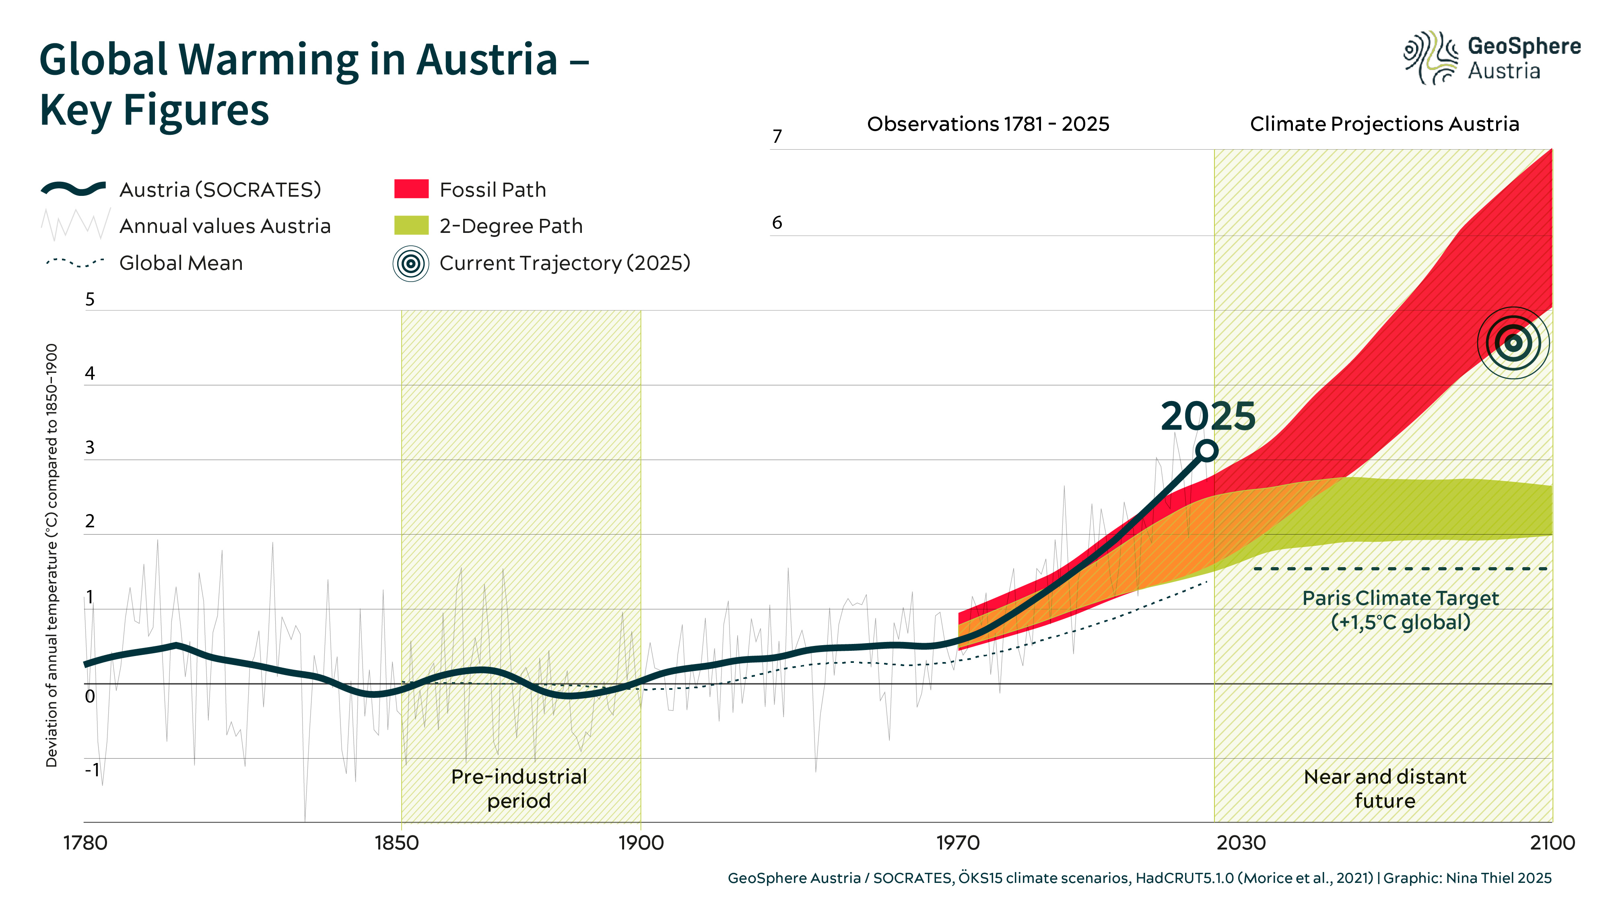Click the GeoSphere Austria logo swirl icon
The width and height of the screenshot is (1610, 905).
(x=1430, y=58)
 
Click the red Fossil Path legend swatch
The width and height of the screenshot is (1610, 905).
(x=411, y=189)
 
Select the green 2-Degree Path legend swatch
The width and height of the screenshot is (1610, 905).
(x=411, y=226)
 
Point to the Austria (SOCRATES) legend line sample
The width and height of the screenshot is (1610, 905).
(x=73, y=189)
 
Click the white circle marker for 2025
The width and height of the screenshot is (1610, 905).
(x=1207, y=450)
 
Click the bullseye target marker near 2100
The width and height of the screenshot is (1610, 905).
(x=1513, y=343)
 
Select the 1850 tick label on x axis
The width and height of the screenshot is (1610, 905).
(x=396, y=843)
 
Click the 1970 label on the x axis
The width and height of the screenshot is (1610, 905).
(x=957, y=843)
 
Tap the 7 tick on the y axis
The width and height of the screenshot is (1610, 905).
(x=777, y=136)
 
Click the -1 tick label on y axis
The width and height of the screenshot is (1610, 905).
(x=92, y=769)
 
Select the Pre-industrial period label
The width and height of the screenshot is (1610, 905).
(x=519, y=789)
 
